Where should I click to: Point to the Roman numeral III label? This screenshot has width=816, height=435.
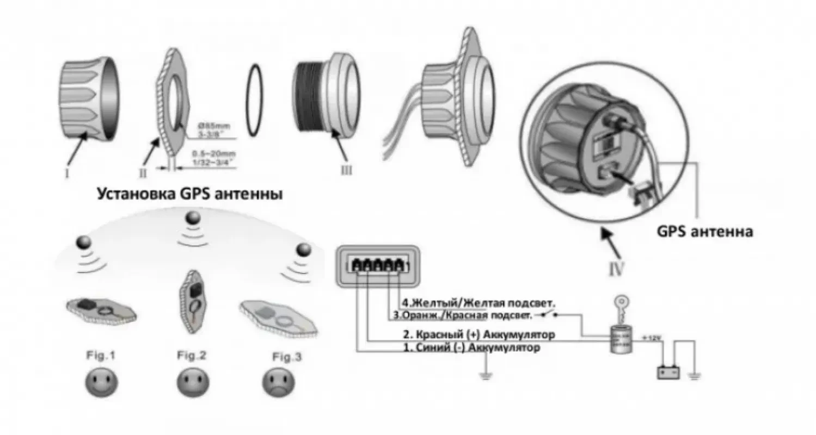click(346, 170)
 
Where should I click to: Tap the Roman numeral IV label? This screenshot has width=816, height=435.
click(615, 269)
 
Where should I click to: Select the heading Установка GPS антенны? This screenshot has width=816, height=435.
click(189, 194)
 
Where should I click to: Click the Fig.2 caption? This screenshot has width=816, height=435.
click(192, 356)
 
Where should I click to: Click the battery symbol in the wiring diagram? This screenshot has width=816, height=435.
click(669, 372)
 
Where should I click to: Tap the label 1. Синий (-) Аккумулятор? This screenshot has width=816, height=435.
click(471, 348)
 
